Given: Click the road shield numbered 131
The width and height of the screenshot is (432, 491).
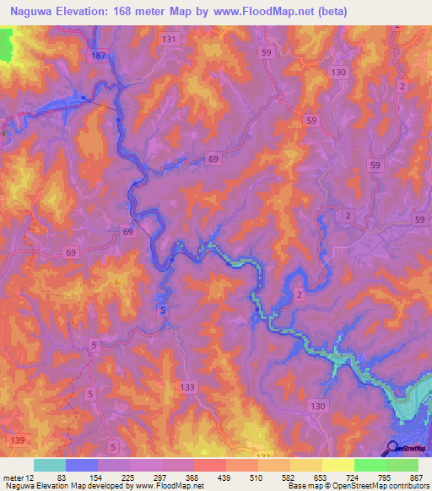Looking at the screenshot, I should coord(170,40).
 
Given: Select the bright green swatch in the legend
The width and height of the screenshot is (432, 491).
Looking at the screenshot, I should coord(370,465).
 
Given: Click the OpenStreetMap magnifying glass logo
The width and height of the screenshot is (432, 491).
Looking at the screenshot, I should coord(392,448).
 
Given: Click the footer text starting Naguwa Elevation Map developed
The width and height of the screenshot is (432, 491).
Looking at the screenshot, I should coord(102,486).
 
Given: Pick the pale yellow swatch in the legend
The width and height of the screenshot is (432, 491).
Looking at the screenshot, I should coord(338,465).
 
